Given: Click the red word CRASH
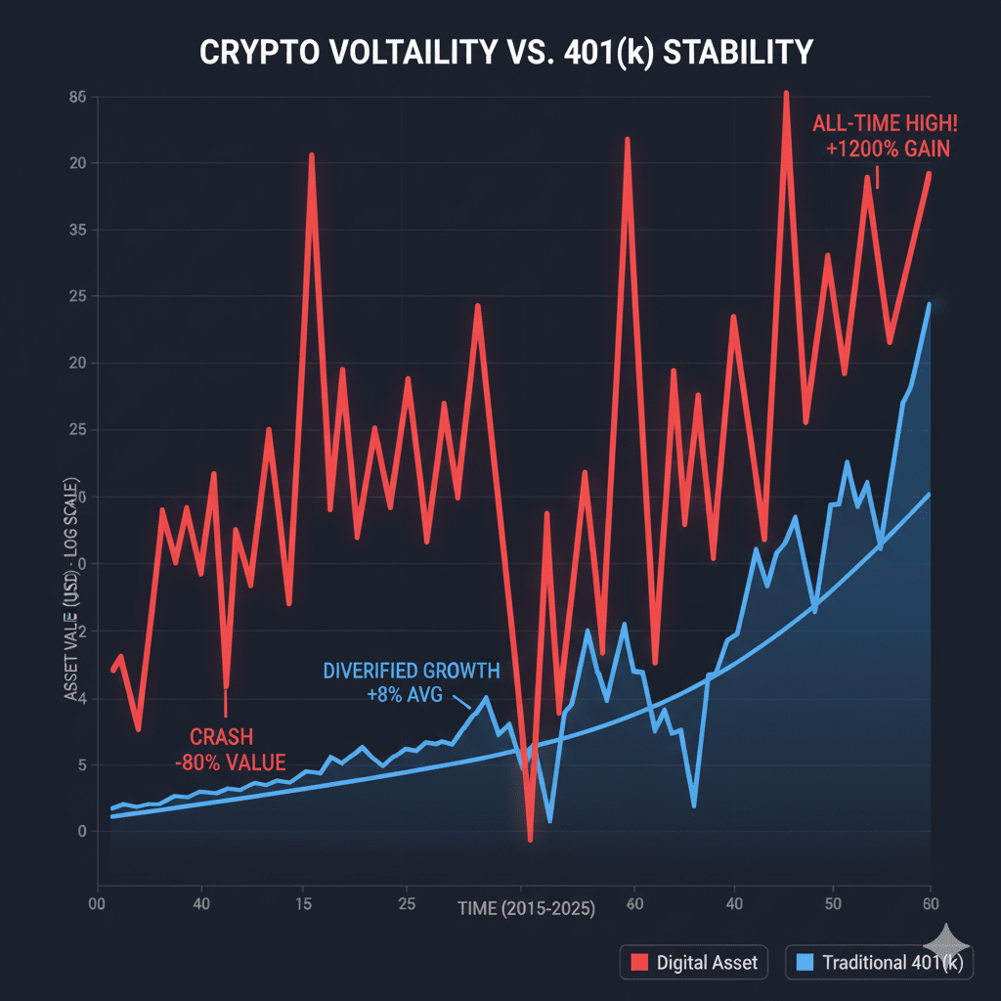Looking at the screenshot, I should click(224, 735).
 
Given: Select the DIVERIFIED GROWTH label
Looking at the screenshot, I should click(411, 672).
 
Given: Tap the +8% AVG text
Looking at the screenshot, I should click(405, 695).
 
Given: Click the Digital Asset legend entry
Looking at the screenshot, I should click(694, 963).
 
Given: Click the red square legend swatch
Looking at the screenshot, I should click(640, 963).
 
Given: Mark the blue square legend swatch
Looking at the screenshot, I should click(805, 963).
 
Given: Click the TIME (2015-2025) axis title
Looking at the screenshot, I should click(527, 908).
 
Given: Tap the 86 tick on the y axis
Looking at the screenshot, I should click(78, 97).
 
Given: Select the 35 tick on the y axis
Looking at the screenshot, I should click(78, 230).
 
